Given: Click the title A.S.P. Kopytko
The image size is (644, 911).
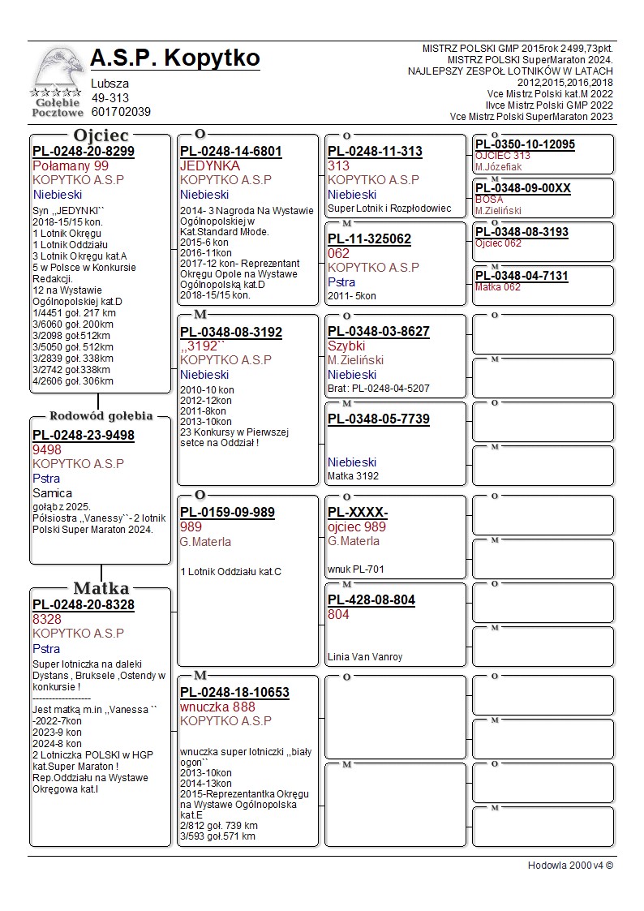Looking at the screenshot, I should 175,58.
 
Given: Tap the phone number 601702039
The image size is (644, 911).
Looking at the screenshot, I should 121,112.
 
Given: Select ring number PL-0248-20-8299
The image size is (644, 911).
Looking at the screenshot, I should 84,151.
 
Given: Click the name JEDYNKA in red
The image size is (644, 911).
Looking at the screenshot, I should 210,165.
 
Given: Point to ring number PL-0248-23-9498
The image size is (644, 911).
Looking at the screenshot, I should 84,435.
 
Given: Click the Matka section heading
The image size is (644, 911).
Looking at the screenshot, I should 101,588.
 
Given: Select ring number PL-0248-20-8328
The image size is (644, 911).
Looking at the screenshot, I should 84,604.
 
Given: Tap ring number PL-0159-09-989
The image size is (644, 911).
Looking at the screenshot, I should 227,513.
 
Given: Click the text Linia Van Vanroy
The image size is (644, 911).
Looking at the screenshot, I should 365,657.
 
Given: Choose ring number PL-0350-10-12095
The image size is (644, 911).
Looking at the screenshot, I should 525,144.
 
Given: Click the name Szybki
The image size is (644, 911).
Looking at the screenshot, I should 346,346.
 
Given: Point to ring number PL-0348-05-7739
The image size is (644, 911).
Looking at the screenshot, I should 379,419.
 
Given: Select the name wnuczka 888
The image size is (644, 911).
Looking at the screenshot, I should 217,707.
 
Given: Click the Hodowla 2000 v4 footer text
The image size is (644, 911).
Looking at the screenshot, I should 570,866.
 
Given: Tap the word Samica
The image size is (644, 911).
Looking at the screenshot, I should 52,493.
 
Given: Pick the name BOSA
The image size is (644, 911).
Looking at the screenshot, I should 489,199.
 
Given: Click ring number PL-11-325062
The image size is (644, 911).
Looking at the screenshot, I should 369,239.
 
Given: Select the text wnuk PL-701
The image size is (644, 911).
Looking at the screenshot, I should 356,569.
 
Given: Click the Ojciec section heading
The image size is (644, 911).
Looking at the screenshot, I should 101,135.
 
